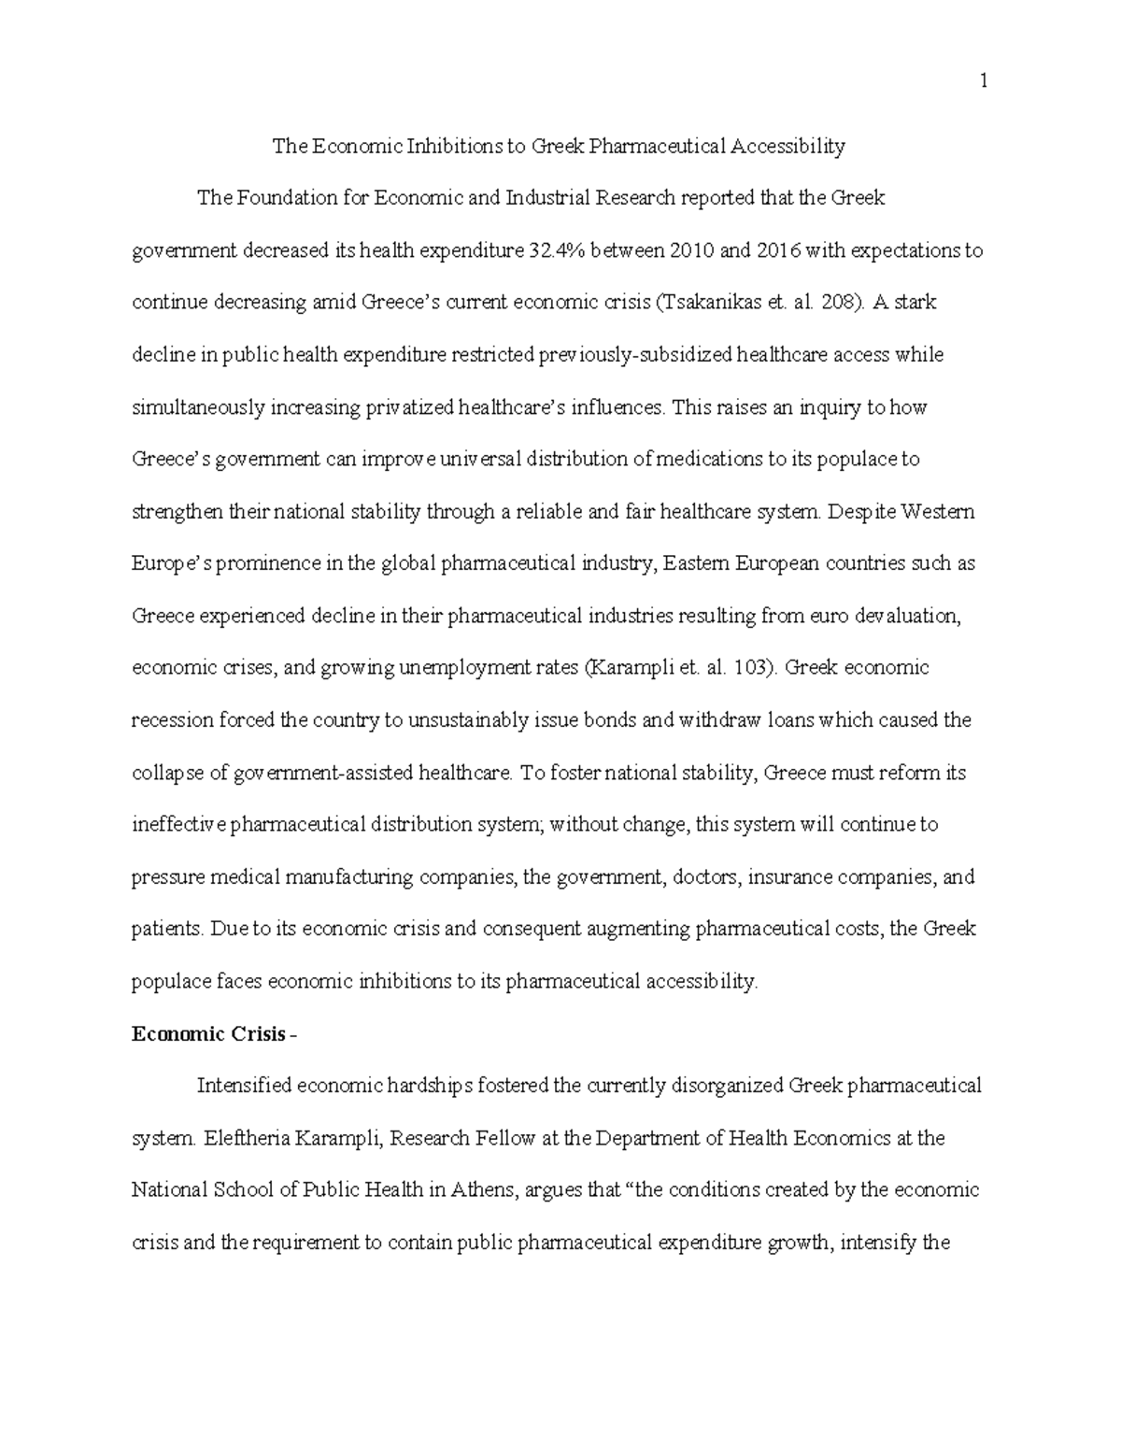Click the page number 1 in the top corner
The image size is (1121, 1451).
tap(983, 82)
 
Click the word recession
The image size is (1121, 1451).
tap(172, 720)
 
